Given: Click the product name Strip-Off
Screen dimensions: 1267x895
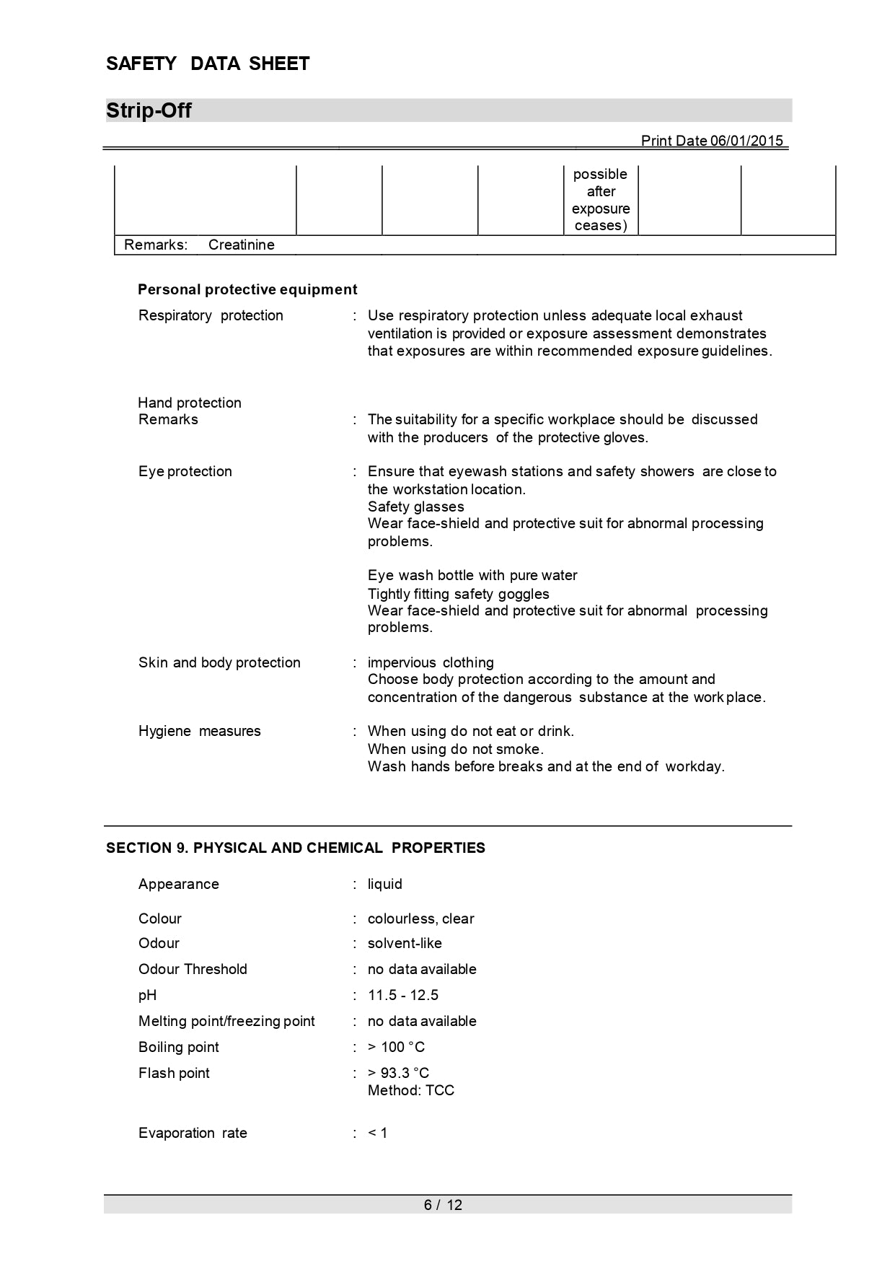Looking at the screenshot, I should (149, 110).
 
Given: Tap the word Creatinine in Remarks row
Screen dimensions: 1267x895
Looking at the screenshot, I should (241, 245).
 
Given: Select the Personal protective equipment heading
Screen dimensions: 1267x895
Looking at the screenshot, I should (247, 289).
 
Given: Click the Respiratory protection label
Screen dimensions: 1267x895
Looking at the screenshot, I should (211, 315).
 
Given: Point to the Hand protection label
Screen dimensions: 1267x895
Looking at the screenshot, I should (190, 403).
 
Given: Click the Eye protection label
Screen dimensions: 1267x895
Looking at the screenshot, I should (185, 471).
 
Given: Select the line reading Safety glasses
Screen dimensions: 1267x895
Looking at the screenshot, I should (415, 507).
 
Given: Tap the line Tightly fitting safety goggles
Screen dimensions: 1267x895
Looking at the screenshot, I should (458, 594).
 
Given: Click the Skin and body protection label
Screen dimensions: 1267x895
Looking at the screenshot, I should (219, 662).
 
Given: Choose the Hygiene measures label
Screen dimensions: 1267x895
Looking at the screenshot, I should (200, 731).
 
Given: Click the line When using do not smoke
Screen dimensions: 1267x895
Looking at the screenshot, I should (456, 749).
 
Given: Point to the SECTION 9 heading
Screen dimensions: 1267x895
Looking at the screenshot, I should (296, 848).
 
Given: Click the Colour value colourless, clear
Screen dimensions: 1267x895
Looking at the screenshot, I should (420, 919).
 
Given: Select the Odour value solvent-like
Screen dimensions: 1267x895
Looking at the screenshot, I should (405, 943).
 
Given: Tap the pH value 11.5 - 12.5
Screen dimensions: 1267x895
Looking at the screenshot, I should (402, 995).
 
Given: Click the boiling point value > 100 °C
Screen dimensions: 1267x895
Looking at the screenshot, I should (396, 1047).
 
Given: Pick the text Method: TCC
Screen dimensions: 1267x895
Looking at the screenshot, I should (411, 1090).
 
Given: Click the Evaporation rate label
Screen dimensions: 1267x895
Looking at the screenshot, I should (193, 1133).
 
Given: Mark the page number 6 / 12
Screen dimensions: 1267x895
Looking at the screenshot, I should (443, 1205).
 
